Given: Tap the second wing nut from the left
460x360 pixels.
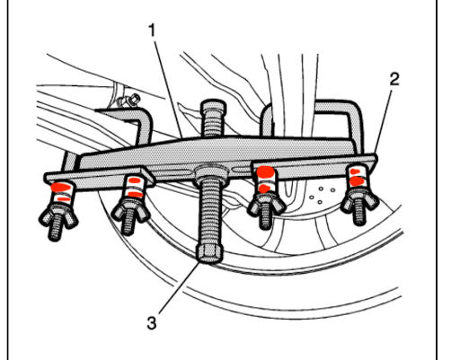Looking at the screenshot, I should [129, 212].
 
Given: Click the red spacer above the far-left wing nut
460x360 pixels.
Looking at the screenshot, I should [61, 189].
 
